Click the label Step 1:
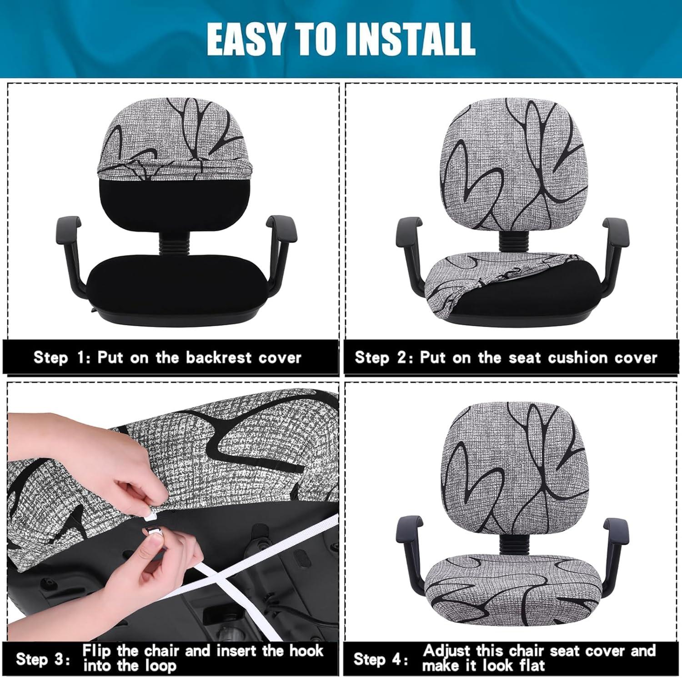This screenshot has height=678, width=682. coord(63,358)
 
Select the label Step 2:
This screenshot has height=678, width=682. coord(384,358)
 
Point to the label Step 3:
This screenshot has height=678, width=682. coord(43,658)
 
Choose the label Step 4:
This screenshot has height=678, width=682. coord(381,658)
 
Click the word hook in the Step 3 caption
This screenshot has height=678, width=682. coord(306,650)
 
